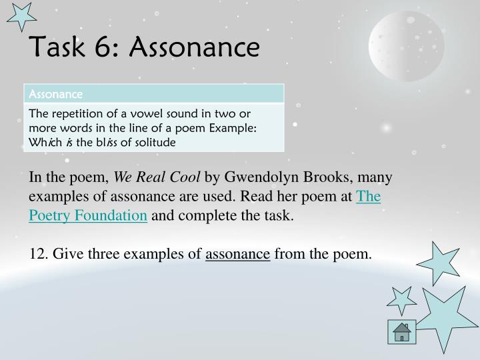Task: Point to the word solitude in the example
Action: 155,141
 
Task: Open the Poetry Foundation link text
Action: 88,215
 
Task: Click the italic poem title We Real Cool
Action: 157,178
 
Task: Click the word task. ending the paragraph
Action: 276,215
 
